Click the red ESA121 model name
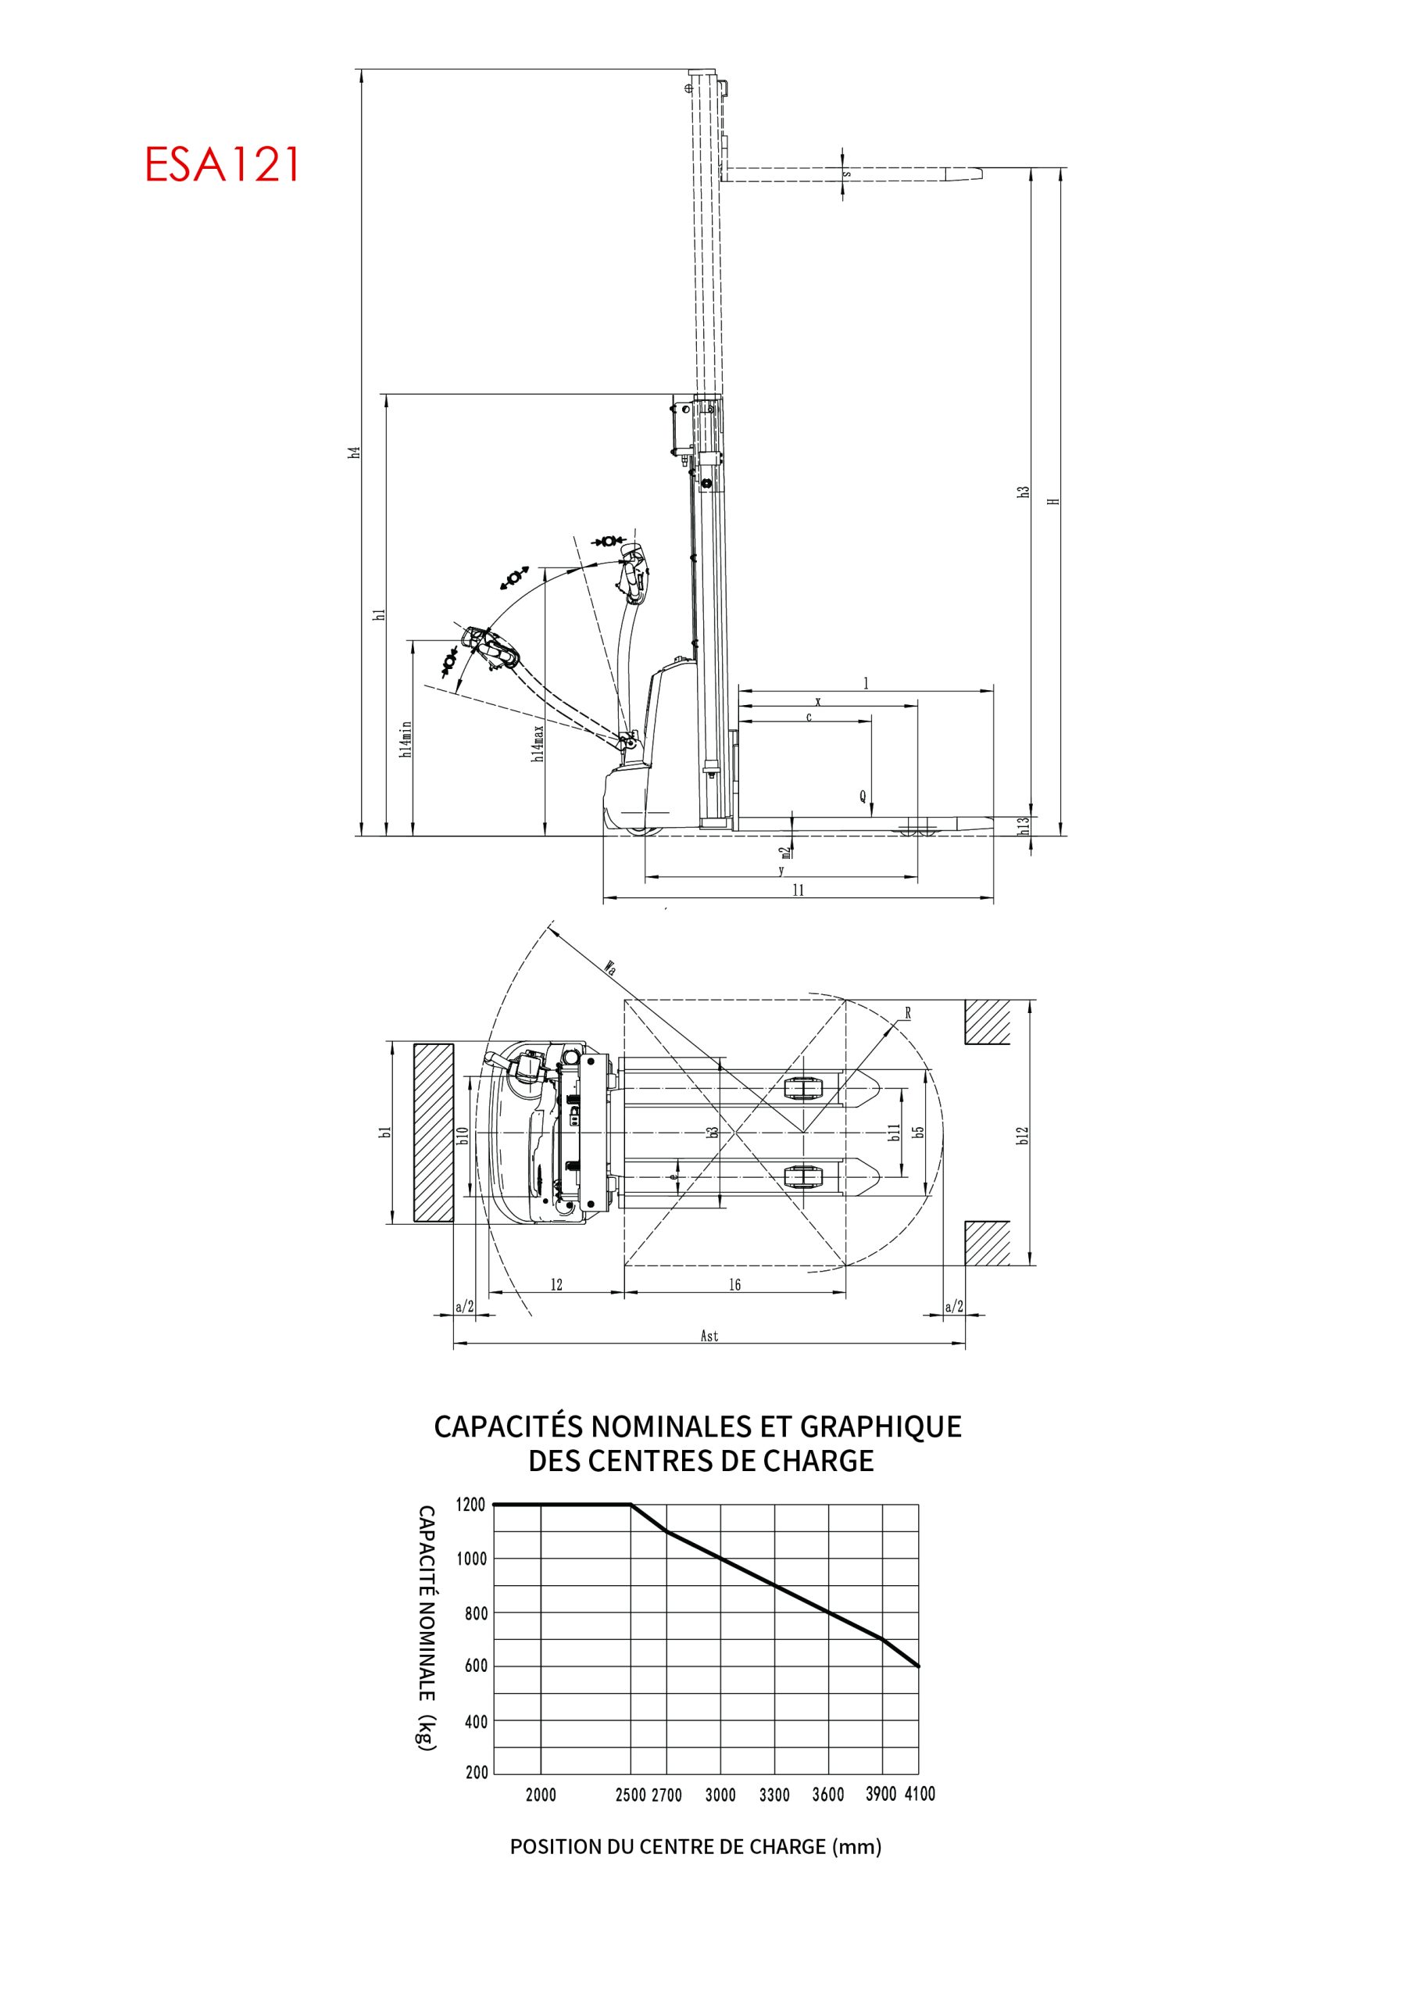[x=222, y=164]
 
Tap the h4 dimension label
[x=355, y=453]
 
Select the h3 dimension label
[x=1024, y=492]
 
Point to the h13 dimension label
[x=1024, y=824]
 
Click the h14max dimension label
[x=539, y=743]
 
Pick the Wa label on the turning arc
[x=611, y=968]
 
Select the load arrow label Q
[x=863, y=796]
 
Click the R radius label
[x=908, y=1014]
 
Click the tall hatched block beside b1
[x=433, y=1133]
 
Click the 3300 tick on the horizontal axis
[x=774, y=1795]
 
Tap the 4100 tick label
[x=919, y=1794]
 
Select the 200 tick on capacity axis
[x=477, y=1772]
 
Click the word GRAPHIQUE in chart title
[x=880, y=1426]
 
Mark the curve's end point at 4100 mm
[x=918, y=1666]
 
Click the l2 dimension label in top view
[x=556, y=1284]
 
